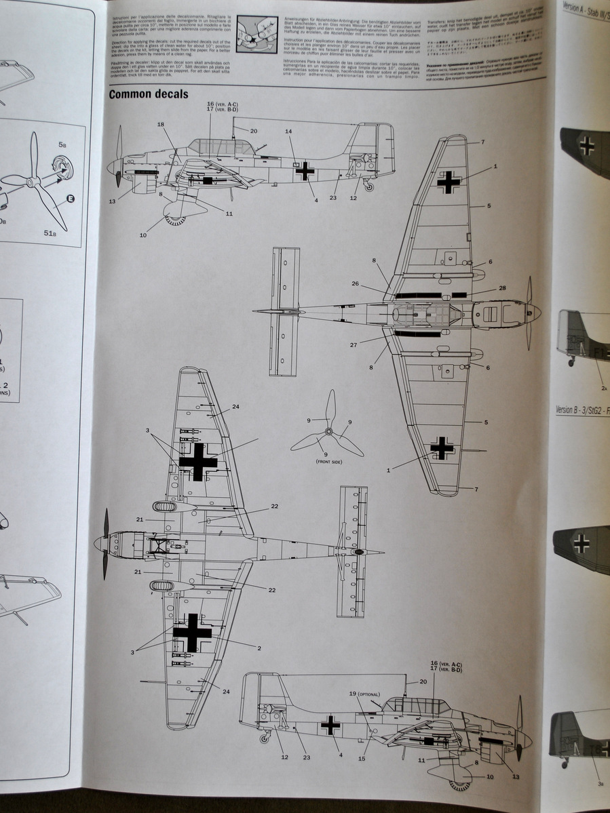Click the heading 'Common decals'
point(149,94)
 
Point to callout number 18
point(161,125)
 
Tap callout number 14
point(288,132)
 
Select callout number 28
point(502,288)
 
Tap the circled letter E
point(70,199)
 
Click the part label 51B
point(50,233)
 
